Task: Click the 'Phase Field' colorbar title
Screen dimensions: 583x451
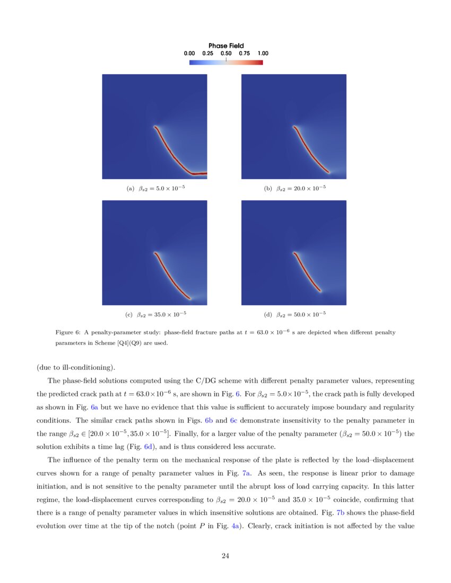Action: click(226, 46)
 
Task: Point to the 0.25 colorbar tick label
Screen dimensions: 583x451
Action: click(207, 54)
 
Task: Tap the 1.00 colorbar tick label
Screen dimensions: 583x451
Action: click(262, 54)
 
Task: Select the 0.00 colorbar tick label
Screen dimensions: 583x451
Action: click(189, 54)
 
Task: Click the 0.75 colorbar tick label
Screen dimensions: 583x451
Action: click(244, 54)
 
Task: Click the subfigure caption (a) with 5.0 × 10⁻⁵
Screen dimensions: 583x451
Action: click(155, 188)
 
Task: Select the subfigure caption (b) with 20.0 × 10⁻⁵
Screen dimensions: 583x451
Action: click(294, 188)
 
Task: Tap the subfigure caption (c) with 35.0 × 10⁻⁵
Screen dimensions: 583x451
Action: click(155, 314)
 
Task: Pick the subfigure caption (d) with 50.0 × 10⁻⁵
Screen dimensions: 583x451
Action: click(294, 314)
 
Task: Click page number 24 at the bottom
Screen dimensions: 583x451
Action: click(226, 556)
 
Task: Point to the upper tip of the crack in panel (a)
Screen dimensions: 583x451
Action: click(154, 127)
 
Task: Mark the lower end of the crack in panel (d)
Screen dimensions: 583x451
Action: click(320, 291)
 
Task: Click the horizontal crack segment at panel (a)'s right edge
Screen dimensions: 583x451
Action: click(200, 173)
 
